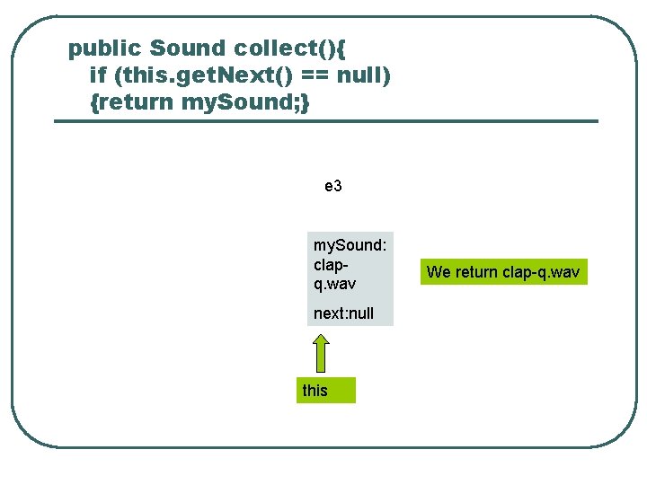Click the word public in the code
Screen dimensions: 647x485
tap(105, 48)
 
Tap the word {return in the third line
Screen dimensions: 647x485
tap(132, 101)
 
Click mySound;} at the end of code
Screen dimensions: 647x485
tap(245, 101)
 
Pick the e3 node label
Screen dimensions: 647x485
tap(333, 187)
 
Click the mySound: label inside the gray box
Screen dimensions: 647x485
tap(350, 244)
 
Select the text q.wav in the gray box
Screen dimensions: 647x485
tap(335, 284)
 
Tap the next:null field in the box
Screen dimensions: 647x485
tap(343, 313)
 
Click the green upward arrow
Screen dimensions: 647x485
tap(320, 353)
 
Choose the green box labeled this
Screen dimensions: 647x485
tap(325, 391)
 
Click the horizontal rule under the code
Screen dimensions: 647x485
tap(325, 120)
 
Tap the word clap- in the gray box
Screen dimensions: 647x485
tap(331, 264)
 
